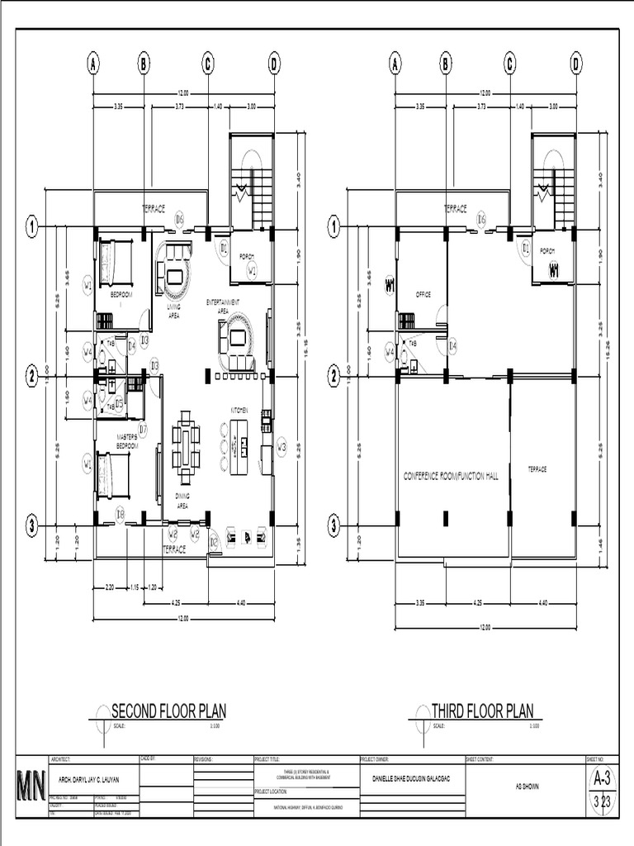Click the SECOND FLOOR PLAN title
[168, 711]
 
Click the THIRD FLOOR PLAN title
[483, 711]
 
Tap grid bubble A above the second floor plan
[94, 64]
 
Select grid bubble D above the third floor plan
[575, 64]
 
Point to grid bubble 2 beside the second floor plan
[32, 376]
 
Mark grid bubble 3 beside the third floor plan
[334, 525]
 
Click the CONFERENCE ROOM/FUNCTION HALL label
[452, 476]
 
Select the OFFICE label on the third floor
[423, 294]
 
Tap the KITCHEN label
[239, 410]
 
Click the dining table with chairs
[185, 453]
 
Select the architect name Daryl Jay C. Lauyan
[92, 779]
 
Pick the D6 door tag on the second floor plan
[179, 218]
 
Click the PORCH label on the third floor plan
[546, 251]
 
